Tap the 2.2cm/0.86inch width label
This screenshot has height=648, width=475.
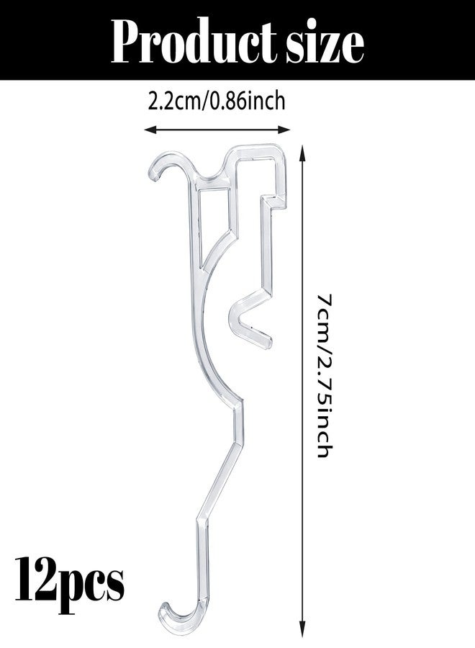(217, 101)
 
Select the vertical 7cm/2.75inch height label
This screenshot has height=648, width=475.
(325, 375)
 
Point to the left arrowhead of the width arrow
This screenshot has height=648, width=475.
(150, 130)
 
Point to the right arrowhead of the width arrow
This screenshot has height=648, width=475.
(284, 130)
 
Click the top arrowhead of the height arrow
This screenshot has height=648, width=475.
(304, 151)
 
